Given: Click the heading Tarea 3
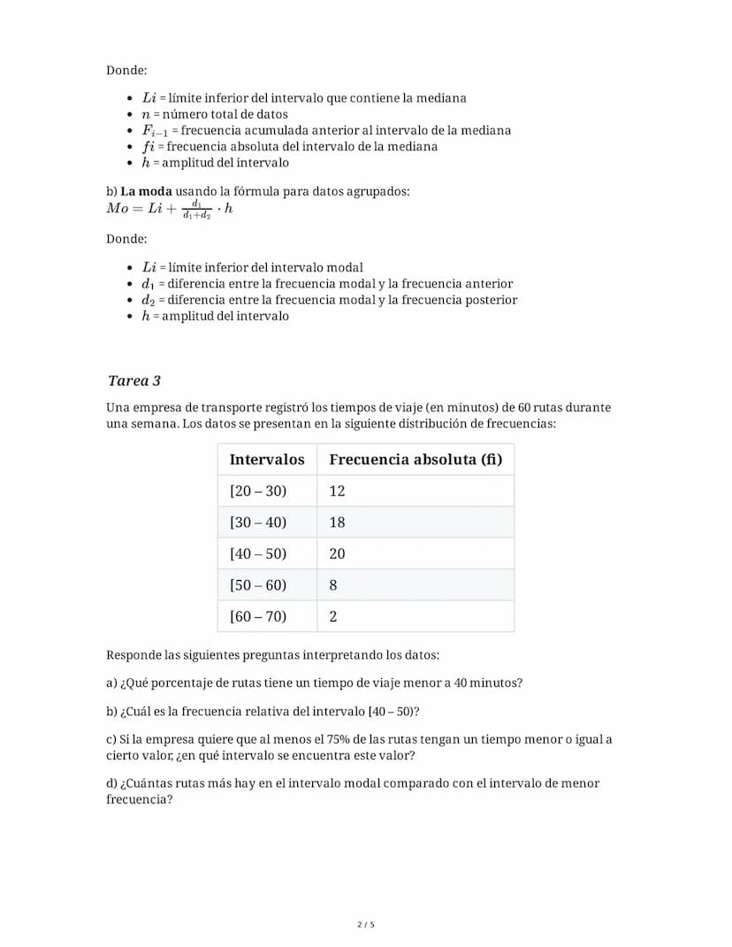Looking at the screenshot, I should (x=133, y=381).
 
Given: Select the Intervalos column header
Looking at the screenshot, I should (x=266, y=460).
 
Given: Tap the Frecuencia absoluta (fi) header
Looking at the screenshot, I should (x=415, y=460).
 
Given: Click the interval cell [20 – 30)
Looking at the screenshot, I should (x=258, y=491).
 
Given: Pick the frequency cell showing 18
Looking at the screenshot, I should (x=337, y=523).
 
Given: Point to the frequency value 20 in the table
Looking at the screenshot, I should (x=337, y=554).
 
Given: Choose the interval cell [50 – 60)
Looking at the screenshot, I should (x=258, y=585).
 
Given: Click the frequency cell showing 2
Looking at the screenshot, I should (x=333, y=616).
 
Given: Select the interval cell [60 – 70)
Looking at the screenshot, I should (x=258, y=616).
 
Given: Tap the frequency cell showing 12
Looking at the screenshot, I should (x=337, y=491).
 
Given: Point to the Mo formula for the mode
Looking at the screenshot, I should (x=169, y=209).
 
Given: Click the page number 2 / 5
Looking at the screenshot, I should (x=366, y=925).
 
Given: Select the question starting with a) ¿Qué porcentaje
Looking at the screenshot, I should (x=314, y=684).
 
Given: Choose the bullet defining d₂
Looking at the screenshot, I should (x=329, y=300).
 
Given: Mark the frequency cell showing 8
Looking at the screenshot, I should (x=333, y=585).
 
